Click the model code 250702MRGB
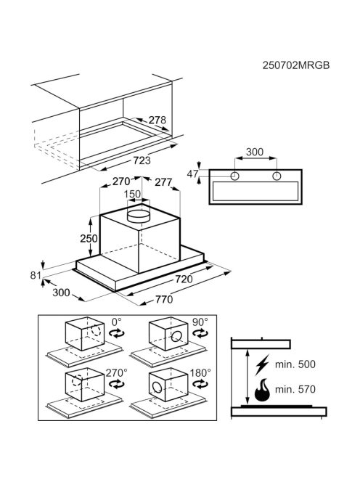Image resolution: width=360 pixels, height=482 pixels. point(295,65)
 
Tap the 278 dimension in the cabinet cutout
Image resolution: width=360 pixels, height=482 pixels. point(157,120)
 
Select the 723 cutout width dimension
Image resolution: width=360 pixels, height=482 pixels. point(142,160)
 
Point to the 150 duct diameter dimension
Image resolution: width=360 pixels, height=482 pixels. point(132,195)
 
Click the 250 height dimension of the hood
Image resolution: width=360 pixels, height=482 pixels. point(89,238)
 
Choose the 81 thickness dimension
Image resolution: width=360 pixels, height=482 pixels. point(36,275)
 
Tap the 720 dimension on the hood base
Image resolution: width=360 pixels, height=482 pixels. point(184,279)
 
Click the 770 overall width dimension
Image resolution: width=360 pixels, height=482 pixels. point(164,299)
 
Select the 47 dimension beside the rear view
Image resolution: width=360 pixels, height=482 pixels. point(192,174)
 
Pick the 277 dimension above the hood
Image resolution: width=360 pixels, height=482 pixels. point(163,182)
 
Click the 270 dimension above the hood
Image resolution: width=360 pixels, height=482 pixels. point(121,181)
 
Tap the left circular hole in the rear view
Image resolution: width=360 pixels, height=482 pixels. point(235,176)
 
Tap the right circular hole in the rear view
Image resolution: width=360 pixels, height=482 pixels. point(277,176)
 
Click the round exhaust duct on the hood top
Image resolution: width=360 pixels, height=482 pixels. point(139,216)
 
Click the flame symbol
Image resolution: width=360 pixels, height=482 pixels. point(262,390)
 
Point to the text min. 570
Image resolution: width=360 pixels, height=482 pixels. point(295,390)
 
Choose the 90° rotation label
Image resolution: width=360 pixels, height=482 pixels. point(200,322)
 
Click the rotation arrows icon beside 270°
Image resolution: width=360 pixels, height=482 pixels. point(117,384)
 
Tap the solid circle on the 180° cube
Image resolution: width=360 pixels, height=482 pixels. point(157,388)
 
